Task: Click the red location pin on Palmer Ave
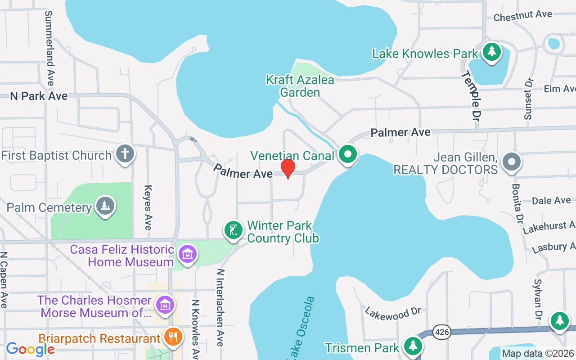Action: tap(288, 168)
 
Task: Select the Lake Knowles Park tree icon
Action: tap(492, 52)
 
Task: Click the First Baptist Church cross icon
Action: tap(125, 154)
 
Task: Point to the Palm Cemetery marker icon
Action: tap(105, 206)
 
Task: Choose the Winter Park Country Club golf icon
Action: tap(233, 230)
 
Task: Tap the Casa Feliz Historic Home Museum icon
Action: tap(188, 254)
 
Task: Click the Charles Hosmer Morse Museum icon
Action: tap(165, 305)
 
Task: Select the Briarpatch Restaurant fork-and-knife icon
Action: tap(172, 336)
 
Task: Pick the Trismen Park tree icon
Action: tap(412, 346)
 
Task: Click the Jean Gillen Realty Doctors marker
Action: tap(511, 162)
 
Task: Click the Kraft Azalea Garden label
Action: tap(300, 86)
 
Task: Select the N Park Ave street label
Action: tap(39, 96)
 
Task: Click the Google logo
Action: tap(30, 349)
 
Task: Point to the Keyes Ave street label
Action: tap(148, 207)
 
